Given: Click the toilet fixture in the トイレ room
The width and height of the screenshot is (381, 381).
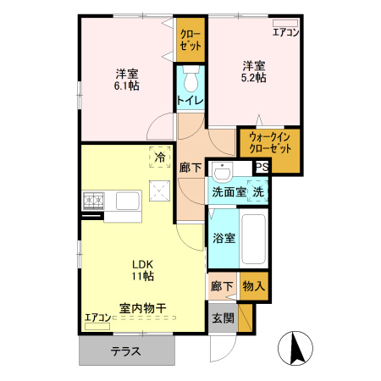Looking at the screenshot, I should (190, 81).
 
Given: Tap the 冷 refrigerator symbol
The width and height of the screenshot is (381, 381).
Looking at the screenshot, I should (159, 157).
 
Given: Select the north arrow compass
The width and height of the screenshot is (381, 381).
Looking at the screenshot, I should (296, 348).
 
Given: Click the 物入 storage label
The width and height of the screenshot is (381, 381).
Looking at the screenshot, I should (253, 287).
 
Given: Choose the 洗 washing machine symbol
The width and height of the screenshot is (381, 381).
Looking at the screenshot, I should (258, 191).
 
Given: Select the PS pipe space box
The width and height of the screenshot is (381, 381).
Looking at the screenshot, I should (262, 167).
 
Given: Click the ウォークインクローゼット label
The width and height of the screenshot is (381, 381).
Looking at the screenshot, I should (268, 142).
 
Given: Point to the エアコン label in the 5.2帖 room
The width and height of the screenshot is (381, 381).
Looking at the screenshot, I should (285, 33).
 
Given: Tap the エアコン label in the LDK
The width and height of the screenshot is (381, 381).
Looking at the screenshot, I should (97, 318).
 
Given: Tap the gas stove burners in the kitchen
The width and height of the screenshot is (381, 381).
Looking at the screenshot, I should (93, 201).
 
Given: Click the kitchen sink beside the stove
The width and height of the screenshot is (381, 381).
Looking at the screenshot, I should (127, 201).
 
